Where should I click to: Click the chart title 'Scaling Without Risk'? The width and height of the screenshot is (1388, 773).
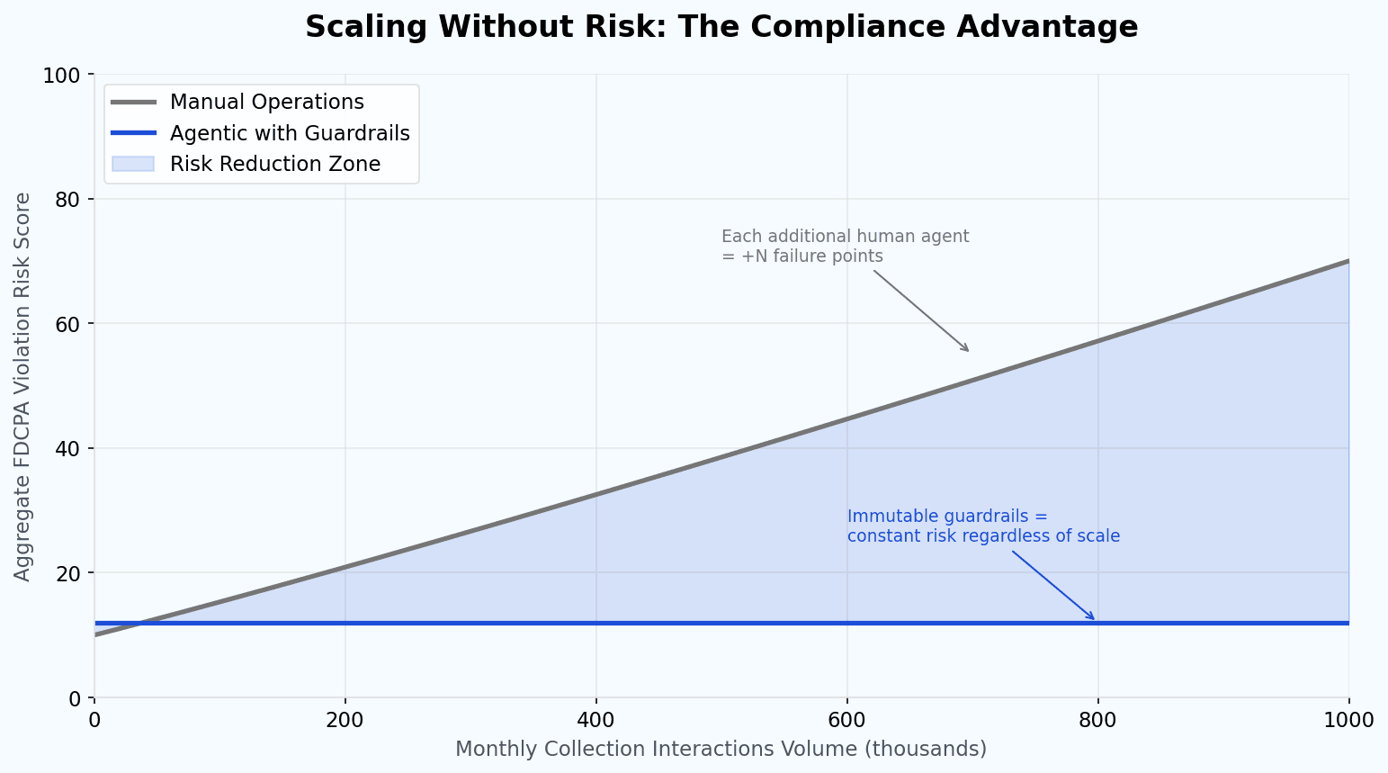tap(721, 26)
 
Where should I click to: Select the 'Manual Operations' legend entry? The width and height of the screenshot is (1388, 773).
tap(266, 102)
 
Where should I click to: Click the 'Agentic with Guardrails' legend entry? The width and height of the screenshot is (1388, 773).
tap(290, 133)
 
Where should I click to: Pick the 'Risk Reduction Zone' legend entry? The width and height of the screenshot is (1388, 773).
tap(274, 164)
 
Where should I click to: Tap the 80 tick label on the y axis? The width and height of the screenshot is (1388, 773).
tap(67, 199)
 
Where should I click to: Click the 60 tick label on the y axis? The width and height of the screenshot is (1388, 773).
tap(67, 324)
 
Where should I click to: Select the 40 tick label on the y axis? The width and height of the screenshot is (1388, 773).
tap(67, 448)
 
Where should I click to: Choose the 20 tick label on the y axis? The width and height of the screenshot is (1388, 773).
tap(67, 573)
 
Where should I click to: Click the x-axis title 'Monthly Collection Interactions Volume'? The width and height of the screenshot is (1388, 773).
tap(721, 749)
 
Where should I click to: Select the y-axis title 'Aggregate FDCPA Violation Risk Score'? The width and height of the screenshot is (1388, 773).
tap(22, 386)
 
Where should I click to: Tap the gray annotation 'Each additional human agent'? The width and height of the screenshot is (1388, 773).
tap(845, 237)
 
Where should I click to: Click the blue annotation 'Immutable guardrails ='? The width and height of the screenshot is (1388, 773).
tap(947, 517)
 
